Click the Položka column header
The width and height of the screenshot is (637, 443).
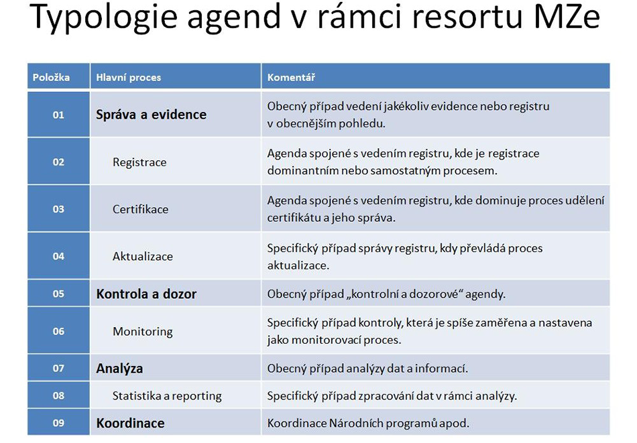coord(51,77)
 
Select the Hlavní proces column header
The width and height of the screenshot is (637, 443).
coord(128,78)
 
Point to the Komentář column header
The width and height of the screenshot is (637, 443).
coord(291,77)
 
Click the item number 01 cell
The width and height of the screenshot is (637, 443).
coord(58,115)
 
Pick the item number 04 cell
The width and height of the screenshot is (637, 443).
coord(58,256)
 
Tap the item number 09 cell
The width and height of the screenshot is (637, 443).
coord(58,423)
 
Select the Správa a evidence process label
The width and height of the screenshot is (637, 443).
coord(151,115)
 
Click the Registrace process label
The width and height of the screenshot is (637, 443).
coord(139,162)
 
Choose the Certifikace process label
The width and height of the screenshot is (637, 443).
coord(140,209)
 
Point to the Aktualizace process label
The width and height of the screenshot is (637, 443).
coord(143,256)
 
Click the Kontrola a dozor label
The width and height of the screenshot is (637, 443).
coord(146,294)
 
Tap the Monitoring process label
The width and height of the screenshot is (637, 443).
coord(143,332)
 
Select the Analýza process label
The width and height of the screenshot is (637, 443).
coord(119,369)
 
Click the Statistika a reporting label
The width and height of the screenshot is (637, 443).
coord(167,396)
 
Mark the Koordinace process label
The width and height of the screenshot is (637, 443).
coord(130,423)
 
